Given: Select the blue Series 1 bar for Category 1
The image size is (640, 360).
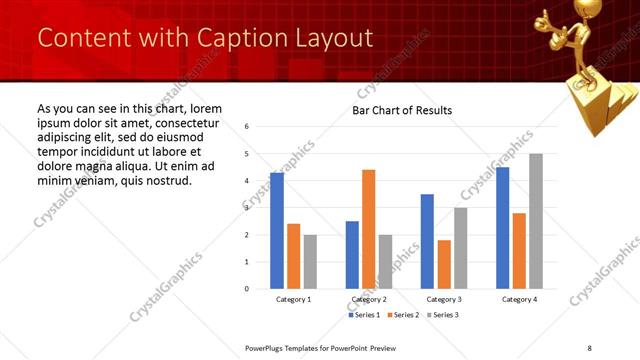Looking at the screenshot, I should tap(277, 231).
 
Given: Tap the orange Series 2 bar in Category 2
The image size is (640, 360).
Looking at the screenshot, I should tap(368, 229).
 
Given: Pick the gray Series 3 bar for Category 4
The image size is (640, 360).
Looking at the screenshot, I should tap(536, 221).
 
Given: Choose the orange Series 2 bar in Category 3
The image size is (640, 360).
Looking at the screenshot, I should tap(444, 264).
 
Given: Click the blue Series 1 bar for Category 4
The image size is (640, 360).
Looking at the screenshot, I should tap(502, 228).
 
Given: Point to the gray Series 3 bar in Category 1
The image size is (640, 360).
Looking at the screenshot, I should tap(310, 262).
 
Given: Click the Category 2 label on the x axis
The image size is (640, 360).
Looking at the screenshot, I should tap(369, 299).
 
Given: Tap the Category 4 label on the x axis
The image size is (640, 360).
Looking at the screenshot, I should tap(519, 299).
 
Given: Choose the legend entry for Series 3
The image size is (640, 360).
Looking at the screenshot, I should tap(444, 315).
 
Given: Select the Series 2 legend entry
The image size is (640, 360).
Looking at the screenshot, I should tap(404, 315).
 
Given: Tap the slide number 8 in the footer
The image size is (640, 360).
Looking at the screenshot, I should tap(589, 348).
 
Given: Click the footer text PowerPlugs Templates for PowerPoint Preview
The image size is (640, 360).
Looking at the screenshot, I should tap(321, 348).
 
